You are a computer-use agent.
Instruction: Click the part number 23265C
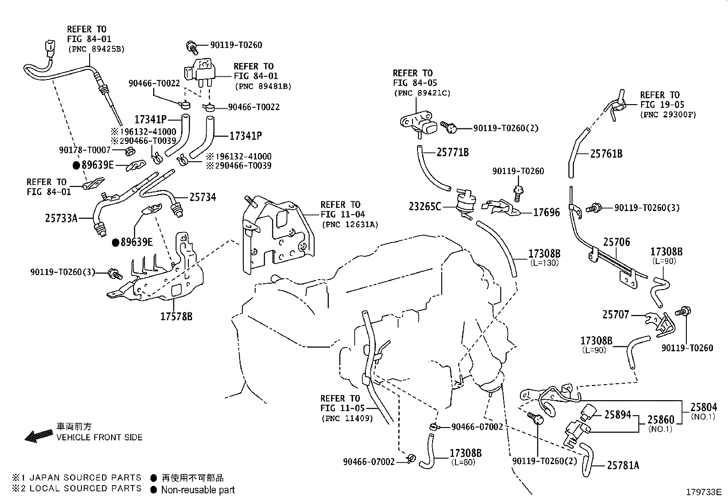click(x=425, y=206)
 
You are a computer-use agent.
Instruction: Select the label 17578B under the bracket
click(x=176, y=316)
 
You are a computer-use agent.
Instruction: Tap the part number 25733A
click(x=61, y=218)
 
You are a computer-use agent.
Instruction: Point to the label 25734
click(x=203, y=197)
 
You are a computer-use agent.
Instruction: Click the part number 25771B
click(x=452, y=153)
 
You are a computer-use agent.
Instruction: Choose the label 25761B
click(x=606, y=154)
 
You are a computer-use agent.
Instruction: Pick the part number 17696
click(x=546, y=212)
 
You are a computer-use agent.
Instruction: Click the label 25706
click(x=616, y=242)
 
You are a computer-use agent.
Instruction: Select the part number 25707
click(x=616, y=315)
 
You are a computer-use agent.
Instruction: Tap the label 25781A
click(x=623, y=465)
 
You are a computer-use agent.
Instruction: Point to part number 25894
click(x=617, y=414)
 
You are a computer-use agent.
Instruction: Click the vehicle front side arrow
click(x=39, y=436)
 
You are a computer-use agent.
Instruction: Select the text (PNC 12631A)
click(x=350, y=224)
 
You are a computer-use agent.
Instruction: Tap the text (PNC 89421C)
click(x=422, y=93)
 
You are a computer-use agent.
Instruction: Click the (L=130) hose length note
click(x=544, y=263)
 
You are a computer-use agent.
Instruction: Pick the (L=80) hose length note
click(x=465, y=462)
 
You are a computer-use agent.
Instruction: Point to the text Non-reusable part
click(x=198, y=490)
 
